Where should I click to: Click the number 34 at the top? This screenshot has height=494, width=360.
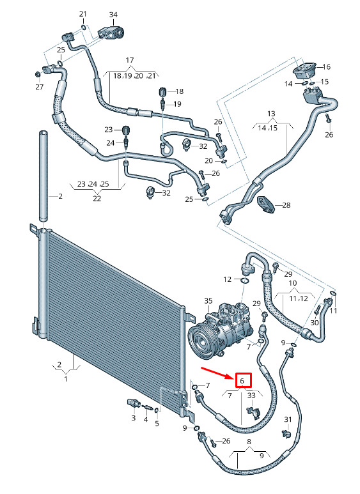[x=113, y=15]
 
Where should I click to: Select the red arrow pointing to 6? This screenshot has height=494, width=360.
[x=218, y=373]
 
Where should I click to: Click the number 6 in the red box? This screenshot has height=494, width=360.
[x=242, y=381]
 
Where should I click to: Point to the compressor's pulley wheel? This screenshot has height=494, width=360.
[x=201, y=341]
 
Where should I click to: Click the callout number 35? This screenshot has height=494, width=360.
[x=208, y=301]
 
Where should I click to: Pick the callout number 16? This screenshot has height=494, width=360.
[x=326, y=67]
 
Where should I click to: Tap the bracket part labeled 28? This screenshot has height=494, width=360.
[x=265, y=204]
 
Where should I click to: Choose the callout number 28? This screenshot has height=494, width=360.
[x=286, y=205]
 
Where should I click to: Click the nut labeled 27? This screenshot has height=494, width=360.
[x=37, y=74]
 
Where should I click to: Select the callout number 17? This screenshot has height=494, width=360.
[x=130, y=60]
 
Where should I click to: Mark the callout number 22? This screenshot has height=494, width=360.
[x=97, y=199]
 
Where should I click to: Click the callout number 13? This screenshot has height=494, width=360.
[x=271, y=113]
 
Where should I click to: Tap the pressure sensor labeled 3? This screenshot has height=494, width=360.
[x=132, y=403]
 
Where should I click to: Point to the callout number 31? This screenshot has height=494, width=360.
[x=288, y=419]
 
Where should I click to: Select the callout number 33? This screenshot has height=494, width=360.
[x=251, y=395]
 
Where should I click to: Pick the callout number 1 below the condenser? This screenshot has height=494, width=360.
[x=66, y=379]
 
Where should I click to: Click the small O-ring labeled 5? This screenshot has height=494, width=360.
[x=157, y=410]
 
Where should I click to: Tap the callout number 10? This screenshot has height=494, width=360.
[x=292, y=283]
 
